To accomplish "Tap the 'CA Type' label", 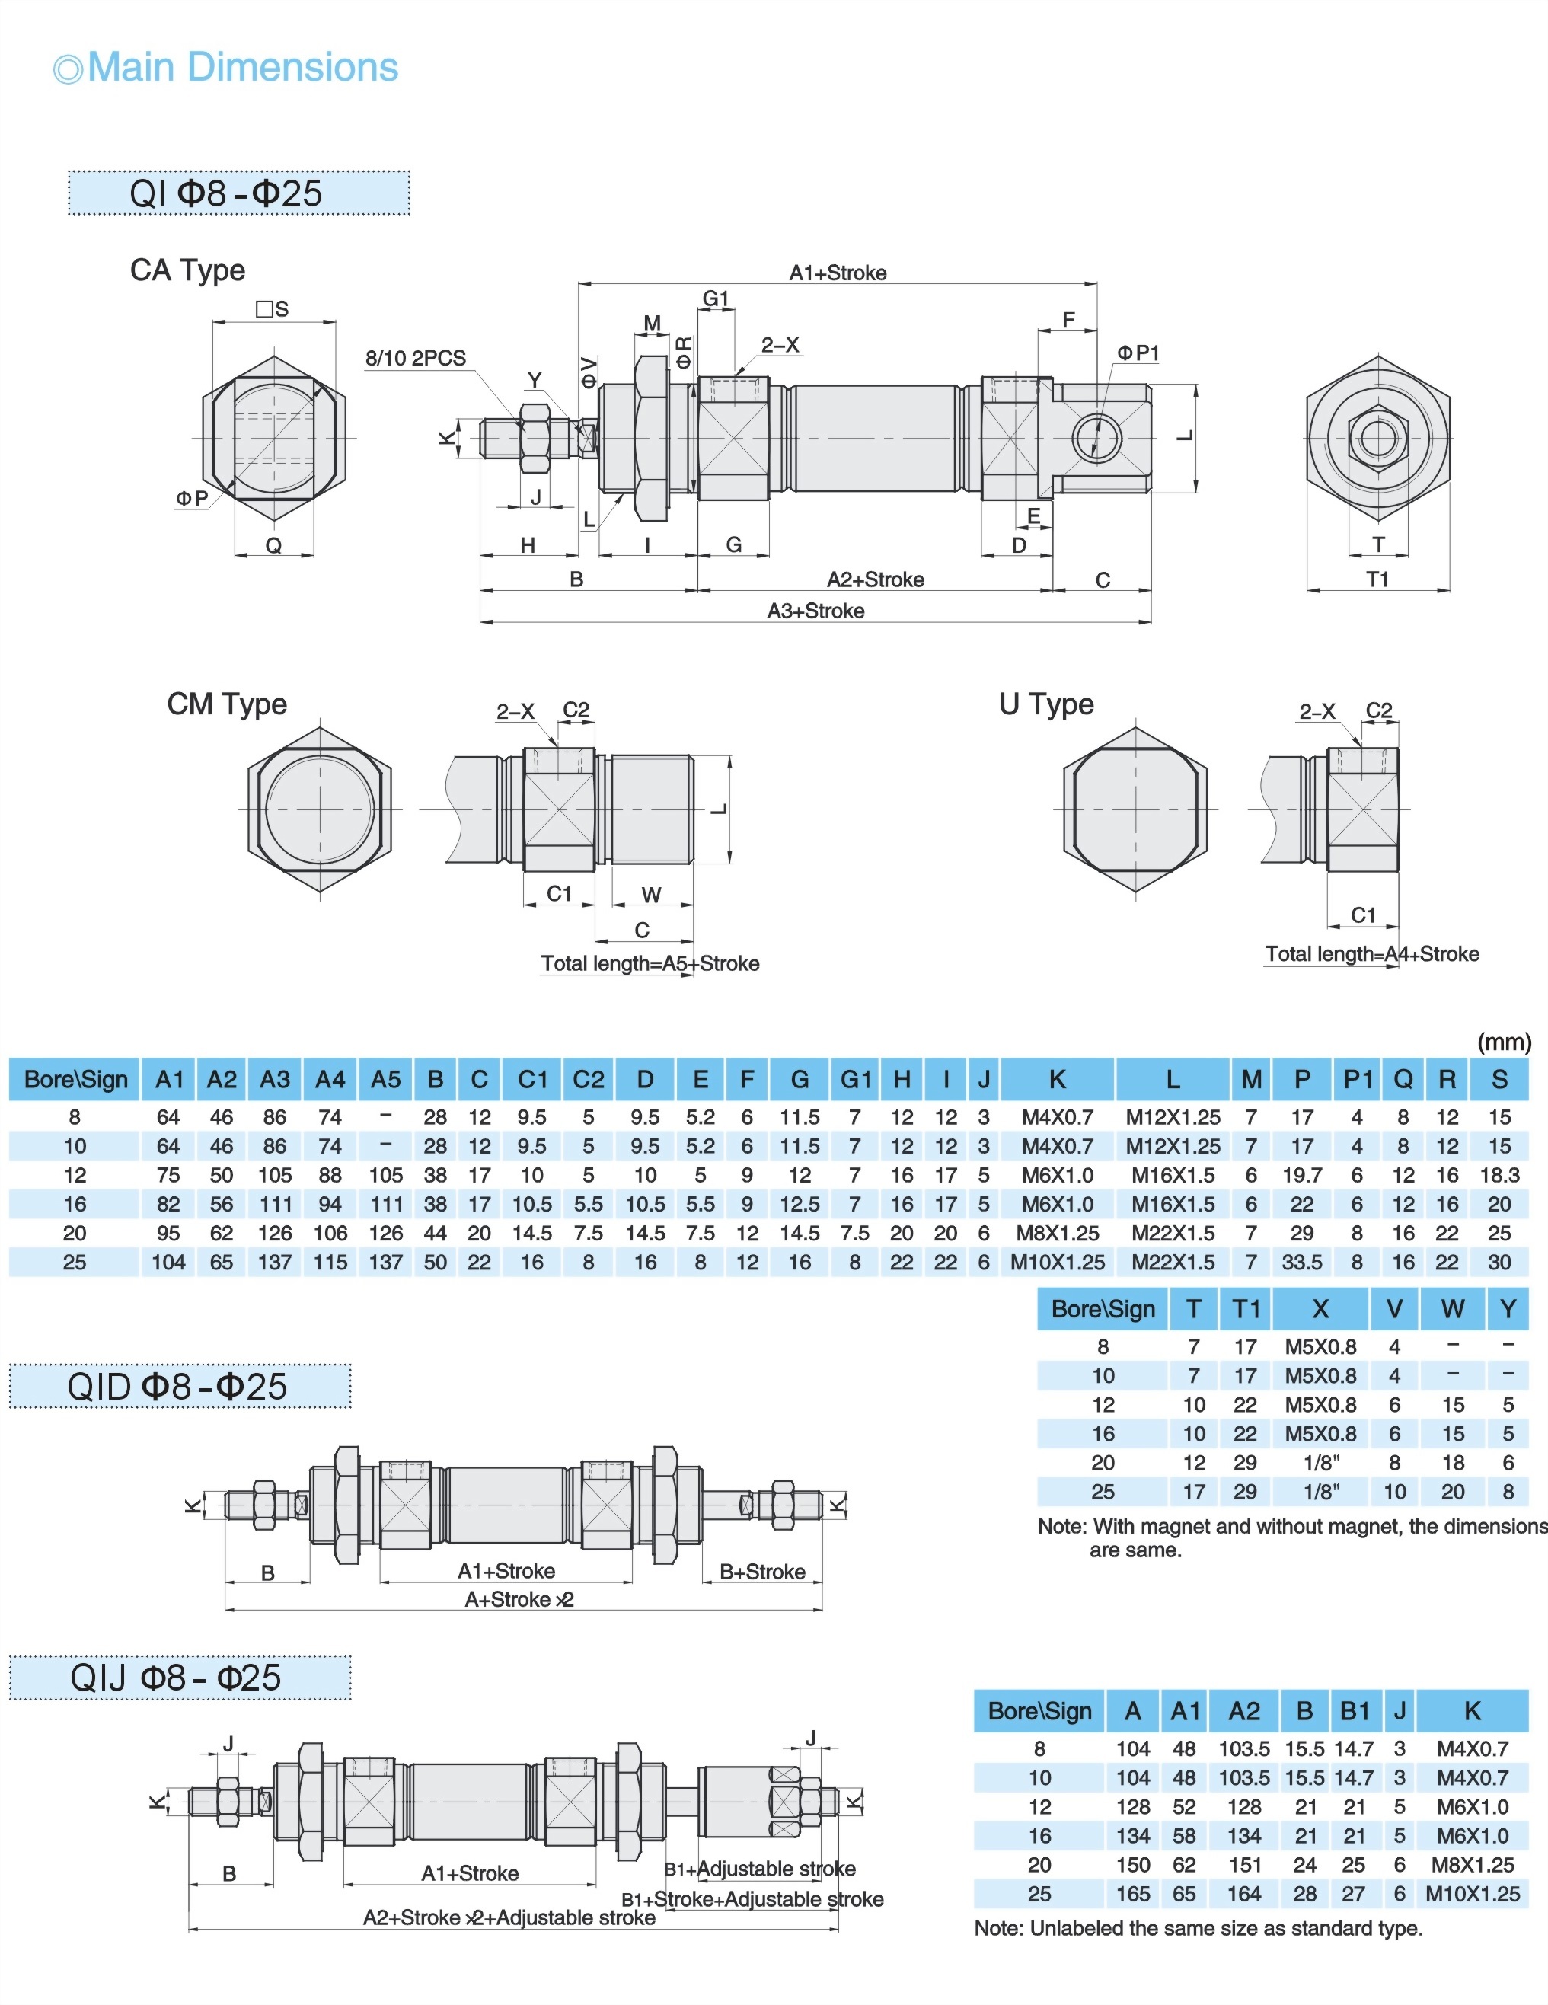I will [187, 270].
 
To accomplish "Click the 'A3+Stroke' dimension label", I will [815, 611].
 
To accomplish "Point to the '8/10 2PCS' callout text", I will [415, 358].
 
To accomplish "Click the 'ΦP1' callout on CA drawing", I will [1138, 353].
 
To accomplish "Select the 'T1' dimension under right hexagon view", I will [1377, 579].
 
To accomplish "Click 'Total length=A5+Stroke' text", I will [650, 963].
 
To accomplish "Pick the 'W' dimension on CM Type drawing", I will [651, 894].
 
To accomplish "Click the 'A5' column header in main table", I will [385, 1080].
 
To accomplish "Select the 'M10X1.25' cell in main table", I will [1057, 1263].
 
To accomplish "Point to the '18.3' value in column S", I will [1499, 1175].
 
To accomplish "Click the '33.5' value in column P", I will [1302, 1263].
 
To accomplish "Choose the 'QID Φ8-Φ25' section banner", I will [180, 1386].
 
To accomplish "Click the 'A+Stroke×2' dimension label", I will [519, 1599].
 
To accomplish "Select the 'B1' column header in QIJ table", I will [1355, 1711].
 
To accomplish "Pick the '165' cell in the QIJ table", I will [1133, 1894].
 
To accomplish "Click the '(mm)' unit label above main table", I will [1504, 1042].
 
